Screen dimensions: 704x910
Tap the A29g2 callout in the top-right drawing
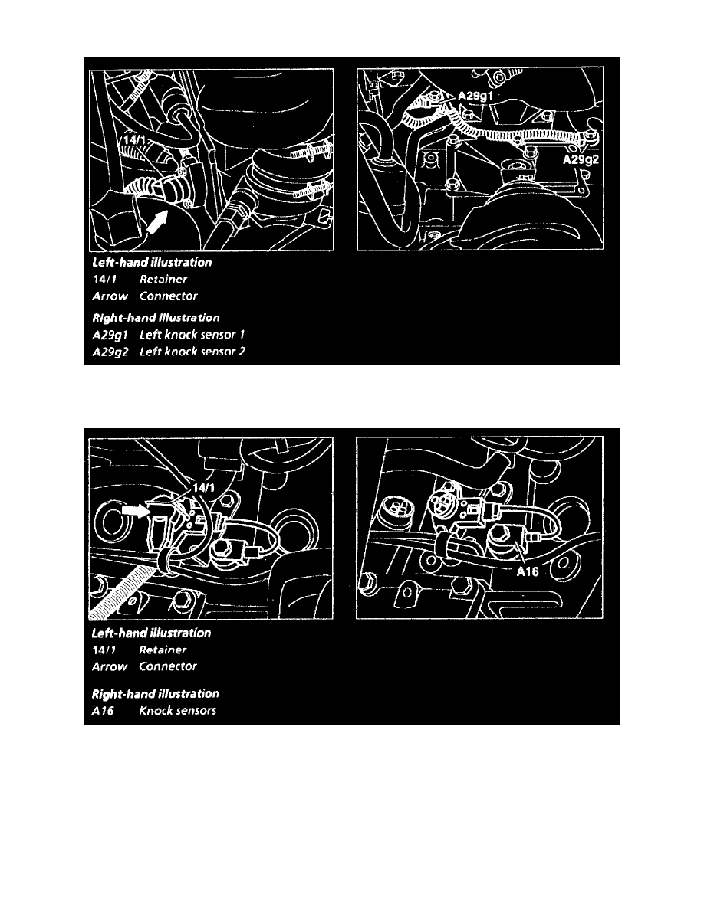[x=581, y=159]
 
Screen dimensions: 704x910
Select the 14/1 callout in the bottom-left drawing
[x=203, y=488]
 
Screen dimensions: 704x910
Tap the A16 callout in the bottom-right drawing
[x=528, y=571]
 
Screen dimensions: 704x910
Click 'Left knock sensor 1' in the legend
[x=192, y=335]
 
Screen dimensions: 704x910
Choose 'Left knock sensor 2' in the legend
[x=192, y=352]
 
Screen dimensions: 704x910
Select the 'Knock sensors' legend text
[x=177, y=711]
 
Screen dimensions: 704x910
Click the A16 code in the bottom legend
[x=103, y=711]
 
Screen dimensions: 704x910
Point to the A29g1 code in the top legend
[x=110, y=336]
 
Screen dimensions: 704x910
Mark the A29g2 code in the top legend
[x=110, y=352]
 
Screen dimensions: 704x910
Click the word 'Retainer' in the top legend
[x=163, y=279]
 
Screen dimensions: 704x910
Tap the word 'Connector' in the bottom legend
[x=168, y=667]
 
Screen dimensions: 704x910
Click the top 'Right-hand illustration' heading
[x=156, y=318]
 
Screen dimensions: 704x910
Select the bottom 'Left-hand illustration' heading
[x=151, y=633]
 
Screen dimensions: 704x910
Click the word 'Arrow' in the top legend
[x=110, y=296]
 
